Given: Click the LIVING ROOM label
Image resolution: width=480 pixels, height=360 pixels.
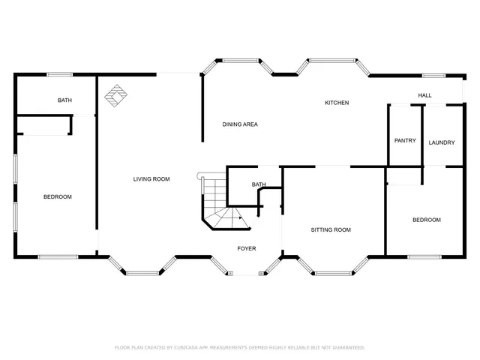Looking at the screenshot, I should [151, 179].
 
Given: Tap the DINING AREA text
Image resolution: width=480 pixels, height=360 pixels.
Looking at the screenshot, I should [240, 124].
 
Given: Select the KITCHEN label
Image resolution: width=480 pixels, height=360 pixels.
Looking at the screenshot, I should [336, 103].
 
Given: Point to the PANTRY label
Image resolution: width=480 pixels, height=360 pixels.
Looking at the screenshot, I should [405, 141].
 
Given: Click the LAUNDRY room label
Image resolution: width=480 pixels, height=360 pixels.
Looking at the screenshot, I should [442, 142].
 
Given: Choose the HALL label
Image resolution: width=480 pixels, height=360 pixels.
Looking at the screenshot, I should [425, 95].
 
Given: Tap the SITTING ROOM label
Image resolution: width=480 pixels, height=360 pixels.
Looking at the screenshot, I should [331, 230].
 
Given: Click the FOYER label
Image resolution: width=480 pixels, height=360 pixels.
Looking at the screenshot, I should [246, 248].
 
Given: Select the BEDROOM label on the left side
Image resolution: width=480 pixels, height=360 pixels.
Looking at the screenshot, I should [57, 197].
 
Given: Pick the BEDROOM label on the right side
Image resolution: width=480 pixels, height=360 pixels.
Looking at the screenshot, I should [426, 220].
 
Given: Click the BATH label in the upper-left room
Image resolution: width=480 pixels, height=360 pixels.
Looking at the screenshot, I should [64, 100].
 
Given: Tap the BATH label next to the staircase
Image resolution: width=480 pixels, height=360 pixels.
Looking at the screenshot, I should [259, 184].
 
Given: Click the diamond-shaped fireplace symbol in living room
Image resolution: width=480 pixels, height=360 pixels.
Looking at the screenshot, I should [115, 95].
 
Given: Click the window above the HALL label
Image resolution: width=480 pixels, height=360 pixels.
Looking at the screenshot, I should [433, 75].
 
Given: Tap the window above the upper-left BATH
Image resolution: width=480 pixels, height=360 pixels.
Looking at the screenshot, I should [60, 74].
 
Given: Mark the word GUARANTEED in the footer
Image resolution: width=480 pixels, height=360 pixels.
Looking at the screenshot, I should [346, 348].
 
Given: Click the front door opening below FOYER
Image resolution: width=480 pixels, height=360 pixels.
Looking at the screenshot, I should [246, 274].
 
